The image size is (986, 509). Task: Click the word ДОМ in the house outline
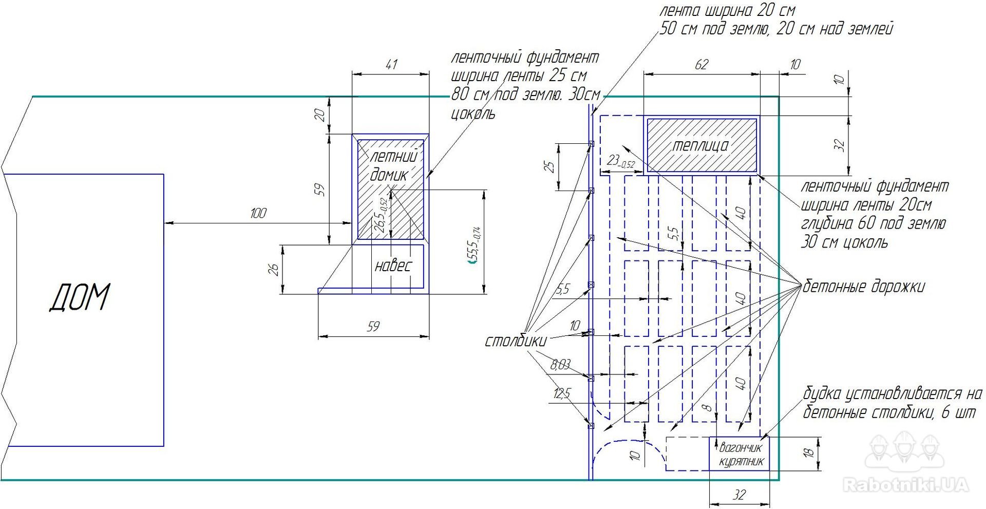point(80,297)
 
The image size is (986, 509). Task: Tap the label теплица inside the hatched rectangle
point(700,145)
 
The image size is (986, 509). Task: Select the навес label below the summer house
point(393,266)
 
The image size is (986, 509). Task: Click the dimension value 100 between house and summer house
point(258,213)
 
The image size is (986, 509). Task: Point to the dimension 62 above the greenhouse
point(701,64)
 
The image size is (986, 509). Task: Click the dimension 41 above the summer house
point(391,64)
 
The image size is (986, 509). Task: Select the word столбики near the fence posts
point(516,341)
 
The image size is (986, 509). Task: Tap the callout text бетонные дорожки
point(863,287)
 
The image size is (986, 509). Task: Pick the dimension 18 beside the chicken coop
point(808,453)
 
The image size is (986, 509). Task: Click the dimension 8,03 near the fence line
point(560,365)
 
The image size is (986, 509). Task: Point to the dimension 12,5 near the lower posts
point(562,394)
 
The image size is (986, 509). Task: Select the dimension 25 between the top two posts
point(549,166)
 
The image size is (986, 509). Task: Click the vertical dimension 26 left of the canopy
point(274,269)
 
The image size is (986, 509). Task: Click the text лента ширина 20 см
point(727,10)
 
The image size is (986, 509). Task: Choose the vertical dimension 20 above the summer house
point(320,115)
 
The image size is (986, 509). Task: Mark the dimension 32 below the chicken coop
point(739,495)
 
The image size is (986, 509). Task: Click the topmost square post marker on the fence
point(591,144)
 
